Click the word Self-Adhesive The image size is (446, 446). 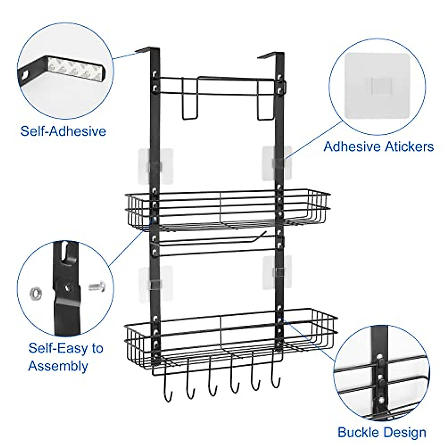tap(63, 131)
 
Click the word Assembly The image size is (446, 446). tap(58, 366)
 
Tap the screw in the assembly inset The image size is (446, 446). tap(97, 286)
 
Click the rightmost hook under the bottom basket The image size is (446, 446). tap(275, 377)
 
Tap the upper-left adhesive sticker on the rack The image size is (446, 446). tap(156, 166)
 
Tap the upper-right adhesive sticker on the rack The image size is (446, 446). tap(277, 163)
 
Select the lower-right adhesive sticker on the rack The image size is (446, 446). tap(277, 273)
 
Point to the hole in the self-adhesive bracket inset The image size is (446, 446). tap(25, 74)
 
